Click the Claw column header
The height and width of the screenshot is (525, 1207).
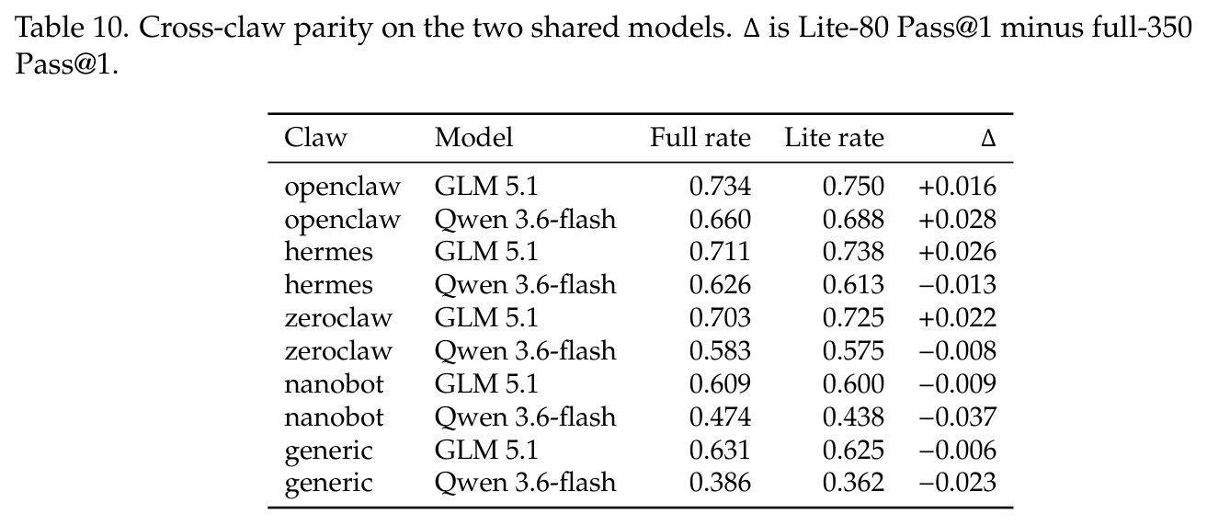tap(315, 137)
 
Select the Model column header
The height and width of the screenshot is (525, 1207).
tap(473, 137)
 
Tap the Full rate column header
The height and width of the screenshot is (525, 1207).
tap(700, 137)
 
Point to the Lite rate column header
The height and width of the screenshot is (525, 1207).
tap(834, 137)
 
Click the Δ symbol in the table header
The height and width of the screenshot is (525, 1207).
tap(988, 139)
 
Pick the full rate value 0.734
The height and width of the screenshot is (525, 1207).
tap(720, 187)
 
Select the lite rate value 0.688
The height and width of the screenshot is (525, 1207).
tap(853, 220)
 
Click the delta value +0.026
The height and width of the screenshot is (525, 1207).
tap(958, 252)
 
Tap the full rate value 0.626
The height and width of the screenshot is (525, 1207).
tap(720, 285)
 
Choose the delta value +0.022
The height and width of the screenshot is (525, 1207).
tap(958, 318)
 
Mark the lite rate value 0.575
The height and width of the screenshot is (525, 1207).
tap(853, 351)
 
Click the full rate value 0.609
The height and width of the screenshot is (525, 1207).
tap(720, 384)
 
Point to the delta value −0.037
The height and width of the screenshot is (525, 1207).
tap(958, 417)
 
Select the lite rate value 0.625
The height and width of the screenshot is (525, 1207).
tap(853, 451)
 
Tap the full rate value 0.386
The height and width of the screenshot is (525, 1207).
tap(720, 483)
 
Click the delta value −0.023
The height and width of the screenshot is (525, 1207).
tap(958, 483)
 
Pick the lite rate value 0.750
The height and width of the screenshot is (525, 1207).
tap(853, 187)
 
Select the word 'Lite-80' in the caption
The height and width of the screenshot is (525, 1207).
tap(843, 28)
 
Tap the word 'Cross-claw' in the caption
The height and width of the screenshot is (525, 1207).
tap(211, 28)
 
